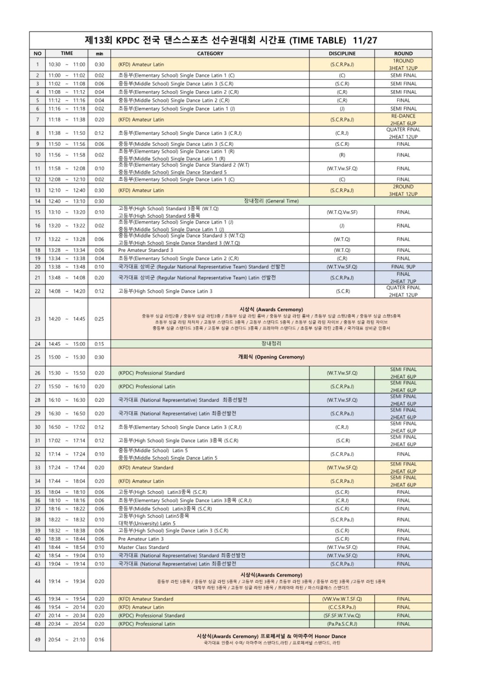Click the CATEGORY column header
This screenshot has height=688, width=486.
point(210,54)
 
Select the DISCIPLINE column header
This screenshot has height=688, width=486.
point(342,54)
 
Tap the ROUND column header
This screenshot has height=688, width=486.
point(403,54)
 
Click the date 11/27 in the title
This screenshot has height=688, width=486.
point(365,40)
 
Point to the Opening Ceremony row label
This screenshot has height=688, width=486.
point(271,357)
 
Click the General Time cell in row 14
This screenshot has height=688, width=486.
point(271,201)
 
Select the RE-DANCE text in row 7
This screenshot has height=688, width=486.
point(403,116)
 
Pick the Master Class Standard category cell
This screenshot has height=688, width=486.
point(143,548)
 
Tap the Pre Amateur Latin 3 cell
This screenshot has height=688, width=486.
point(141,539)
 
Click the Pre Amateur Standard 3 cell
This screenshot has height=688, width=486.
point(146,250)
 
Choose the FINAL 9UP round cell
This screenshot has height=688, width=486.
point(403,267)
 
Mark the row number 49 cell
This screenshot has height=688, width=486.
point(37,640)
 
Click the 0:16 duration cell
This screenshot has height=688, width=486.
point(99,640)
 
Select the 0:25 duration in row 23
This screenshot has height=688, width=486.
point(99,319)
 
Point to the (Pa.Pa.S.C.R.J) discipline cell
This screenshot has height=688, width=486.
point(342,624)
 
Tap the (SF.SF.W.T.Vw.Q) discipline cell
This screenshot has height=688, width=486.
point(342,615)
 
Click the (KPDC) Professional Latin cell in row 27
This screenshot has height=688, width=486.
point(147,387)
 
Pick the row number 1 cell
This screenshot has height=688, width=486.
point(37,65)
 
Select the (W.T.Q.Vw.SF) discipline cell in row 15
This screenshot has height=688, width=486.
point(342,212)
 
